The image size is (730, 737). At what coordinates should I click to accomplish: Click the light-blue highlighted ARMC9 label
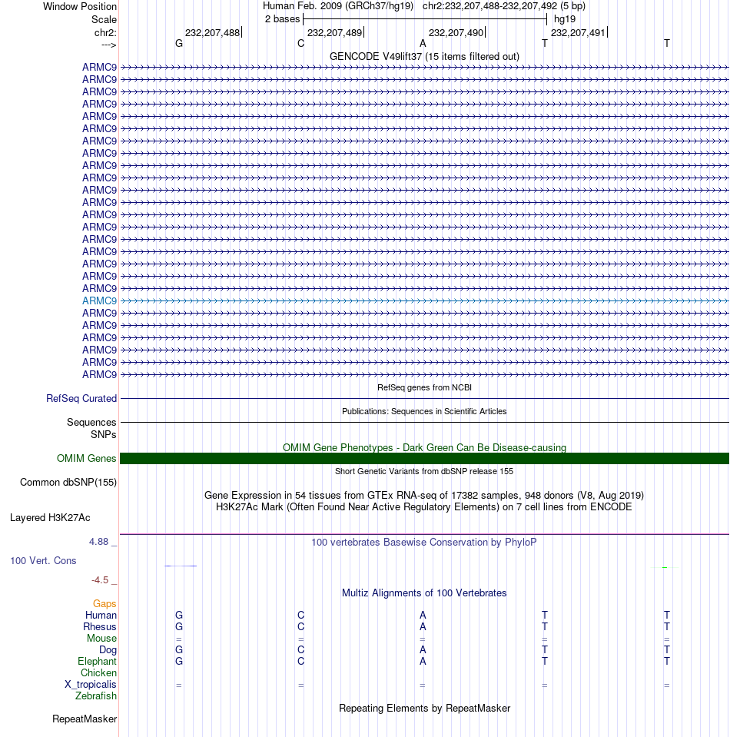(99, 300)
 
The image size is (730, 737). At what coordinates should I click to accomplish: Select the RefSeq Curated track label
(81, 398)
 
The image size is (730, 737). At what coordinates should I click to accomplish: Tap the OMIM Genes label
(86, 458)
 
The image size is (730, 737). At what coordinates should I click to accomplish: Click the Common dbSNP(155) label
(68, 482)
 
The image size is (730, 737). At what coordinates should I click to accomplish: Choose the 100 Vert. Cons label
(43, 560)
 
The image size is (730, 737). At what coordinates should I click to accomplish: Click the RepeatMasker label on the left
(85, 719)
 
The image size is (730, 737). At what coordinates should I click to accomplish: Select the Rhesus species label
(100, 626)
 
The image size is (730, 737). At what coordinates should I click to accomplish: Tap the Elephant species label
(97, 661)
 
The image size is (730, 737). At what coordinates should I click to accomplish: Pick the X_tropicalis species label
(91, 684)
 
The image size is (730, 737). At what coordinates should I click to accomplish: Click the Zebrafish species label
(96, 696)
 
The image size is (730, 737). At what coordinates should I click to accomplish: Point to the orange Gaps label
(105, 603)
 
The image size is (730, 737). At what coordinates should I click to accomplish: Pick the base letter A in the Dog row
(423, 649)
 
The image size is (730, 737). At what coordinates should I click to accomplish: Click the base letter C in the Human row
(301, 615)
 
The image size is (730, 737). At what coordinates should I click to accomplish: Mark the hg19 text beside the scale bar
(565, 18)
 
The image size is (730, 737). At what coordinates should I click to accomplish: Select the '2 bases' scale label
(282, 18)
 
